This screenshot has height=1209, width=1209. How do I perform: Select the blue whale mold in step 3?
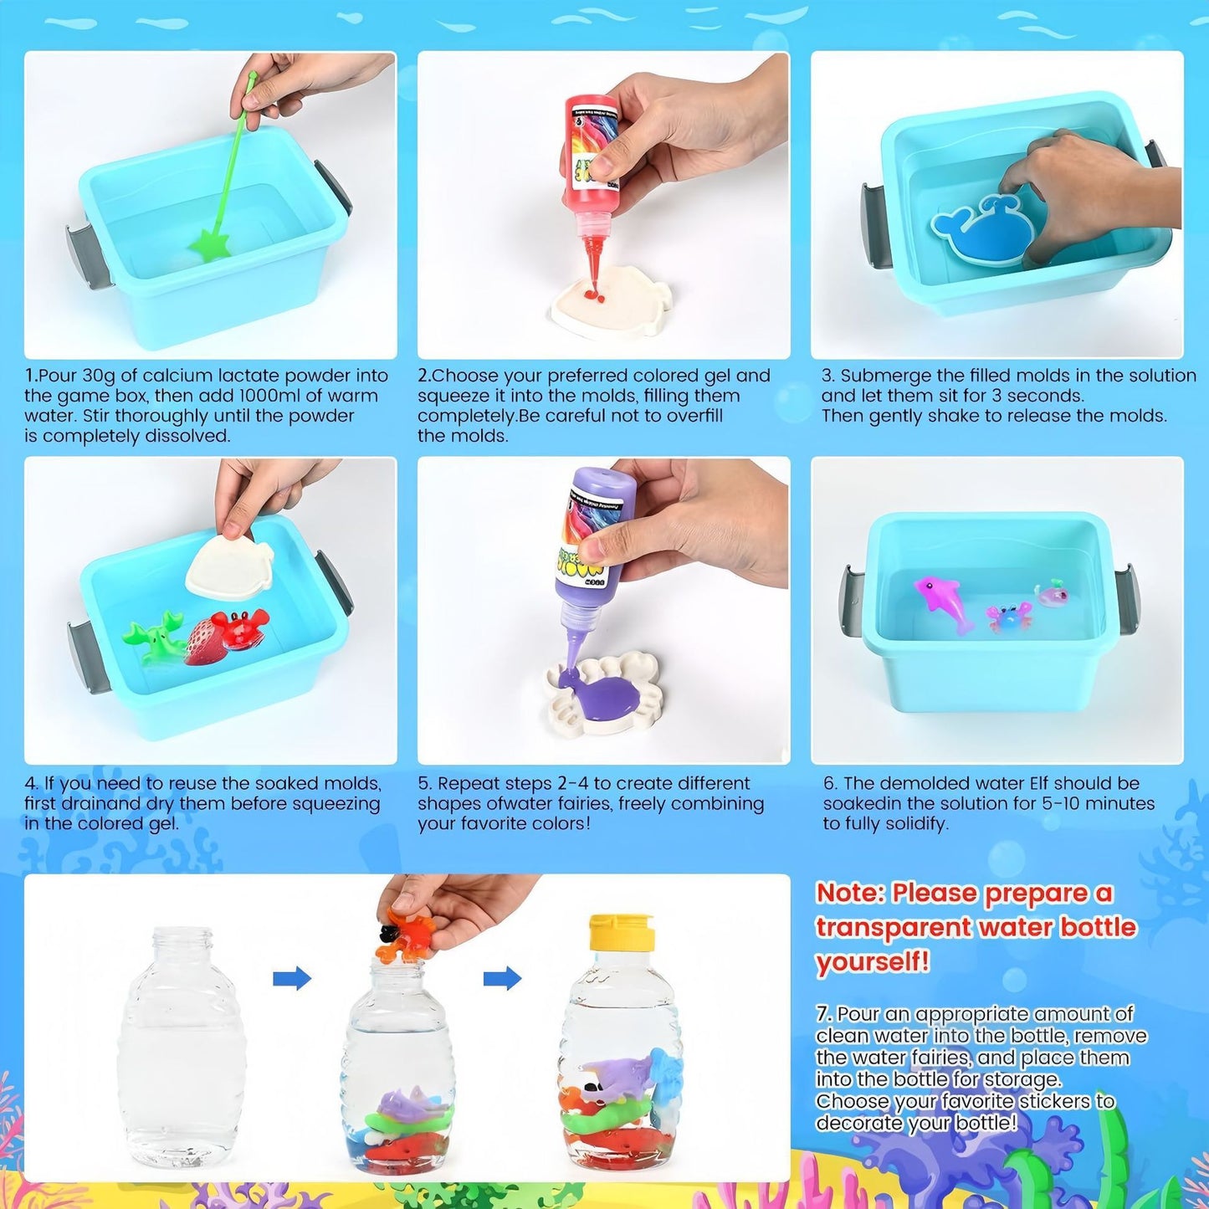tap(979, 228)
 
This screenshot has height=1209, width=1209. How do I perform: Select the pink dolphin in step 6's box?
tap(942, 601)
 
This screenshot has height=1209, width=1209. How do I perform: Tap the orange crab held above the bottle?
tap(405, 935)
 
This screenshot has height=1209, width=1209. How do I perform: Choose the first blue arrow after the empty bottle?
tap(292, 977)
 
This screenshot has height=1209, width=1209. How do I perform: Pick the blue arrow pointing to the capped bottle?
tap(502, 977)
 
